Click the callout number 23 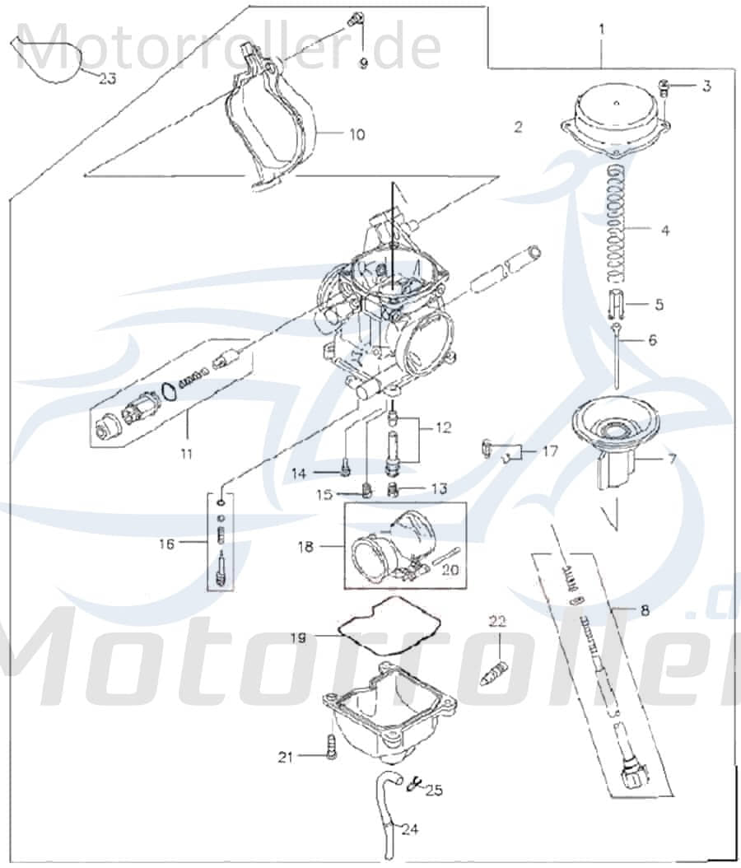point(109,79)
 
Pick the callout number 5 point(658,305)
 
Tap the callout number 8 point(644,610)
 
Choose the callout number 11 point(186,453)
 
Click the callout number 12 point(444,427)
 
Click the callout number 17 point(550,451)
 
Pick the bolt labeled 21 point(331,750)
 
